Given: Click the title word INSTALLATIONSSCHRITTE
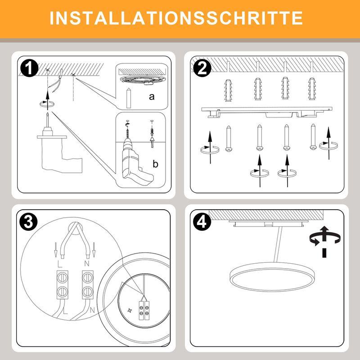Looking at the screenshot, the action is (176, 18).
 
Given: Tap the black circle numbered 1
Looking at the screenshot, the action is (29, 67).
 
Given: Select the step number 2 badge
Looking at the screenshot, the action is (202, 67).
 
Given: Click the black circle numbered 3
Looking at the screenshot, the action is (28, 222).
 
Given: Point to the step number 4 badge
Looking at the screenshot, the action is (202, 222).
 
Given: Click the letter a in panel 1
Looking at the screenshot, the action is (152, 97).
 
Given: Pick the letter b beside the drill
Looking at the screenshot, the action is (155, 164).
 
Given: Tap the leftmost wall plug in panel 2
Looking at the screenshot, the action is (228, 90).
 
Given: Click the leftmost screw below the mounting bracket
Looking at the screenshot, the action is (229, 139).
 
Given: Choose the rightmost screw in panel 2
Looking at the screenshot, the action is (313, 137).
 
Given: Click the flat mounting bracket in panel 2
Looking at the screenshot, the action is (267, 112).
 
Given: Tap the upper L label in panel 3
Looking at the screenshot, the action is (60, 264).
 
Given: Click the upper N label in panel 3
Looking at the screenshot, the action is (87, 263).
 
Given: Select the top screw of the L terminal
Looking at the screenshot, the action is (62, 278).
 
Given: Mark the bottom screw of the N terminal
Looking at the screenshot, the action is (87, 292).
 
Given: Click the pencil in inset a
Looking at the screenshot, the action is (129, 98).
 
